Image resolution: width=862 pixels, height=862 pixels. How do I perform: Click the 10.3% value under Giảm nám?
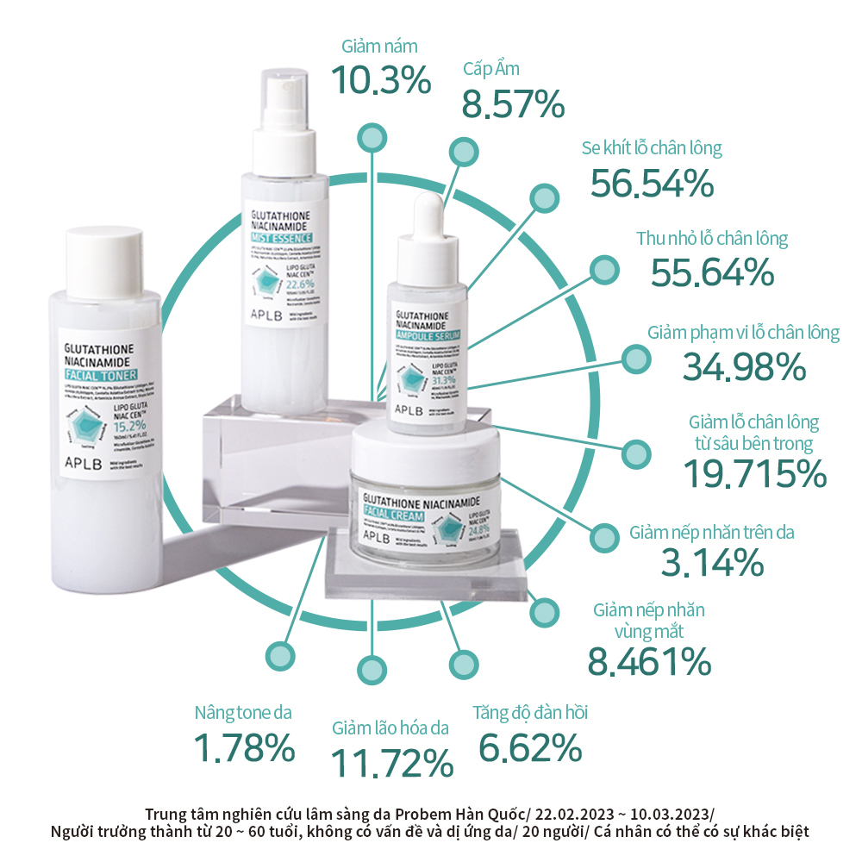[381, 80]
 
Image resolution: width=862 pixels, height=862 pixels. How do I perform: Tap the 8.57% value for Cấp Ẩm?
[513, 103]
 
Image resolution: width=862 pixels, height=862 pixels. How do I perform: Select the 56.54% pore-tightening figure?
[653, 183]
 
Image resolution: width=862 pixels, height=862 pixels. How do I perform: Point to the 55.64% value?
[712, 272]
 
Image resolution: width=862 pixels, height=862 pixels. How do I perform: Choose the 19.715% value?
[754, 473]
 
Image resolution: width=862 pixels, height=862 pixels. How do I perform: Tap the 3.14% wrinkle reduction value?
[712, 563]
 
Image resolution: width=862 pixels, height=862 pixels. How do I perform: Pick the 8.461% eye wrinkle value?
[649, 661]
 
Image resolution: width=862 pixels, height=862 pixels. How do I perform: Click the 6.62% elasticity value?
[529, 746]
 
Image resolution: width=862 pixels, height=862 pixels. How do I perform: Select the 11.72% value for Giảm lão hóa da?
[392, 762]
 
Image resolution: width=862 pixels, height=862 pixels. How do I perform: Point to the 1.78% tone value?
[244, 747]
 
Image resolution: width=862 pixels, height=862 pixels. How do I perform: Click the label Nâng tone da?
[243, 713]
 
